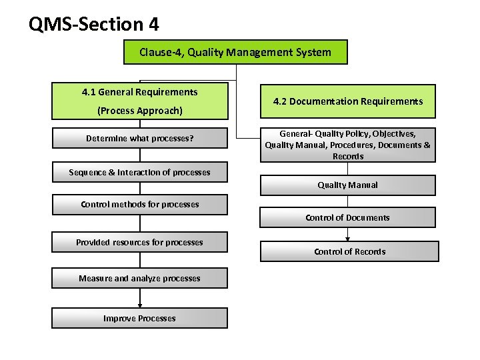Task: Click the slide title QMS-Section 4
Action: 94,25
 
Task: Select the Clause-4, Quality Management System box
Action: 235,52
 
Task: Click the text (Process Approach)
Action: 139,111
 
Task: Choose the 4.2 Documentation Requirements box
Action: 347,101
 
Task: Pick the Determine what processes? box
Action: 139,138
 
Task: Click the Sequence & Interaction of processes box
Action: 139,172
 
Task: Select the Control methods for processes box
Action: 139,204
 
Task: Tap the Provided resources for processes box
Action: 139,242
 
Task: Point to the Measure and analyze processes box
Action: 139,278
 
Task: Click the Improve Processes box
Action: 139,318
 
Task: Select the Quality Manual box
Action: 347,185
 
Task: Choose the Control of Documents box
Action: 347,217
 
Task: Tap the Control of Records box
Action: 349,251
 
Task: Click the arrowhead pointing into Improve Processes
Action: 139,305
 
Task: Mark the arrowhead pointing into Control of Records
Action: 347,238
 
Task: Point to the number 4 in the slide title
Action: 153,25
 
